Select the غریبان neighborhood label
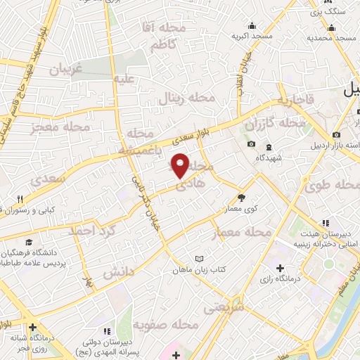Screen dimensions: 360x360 (x=66, y=70)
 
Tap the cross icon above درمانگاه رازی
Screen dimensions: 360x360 (x=281, y=269)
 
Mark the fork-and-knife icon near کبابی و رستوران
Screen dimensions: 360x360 (x=21, y=199)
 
